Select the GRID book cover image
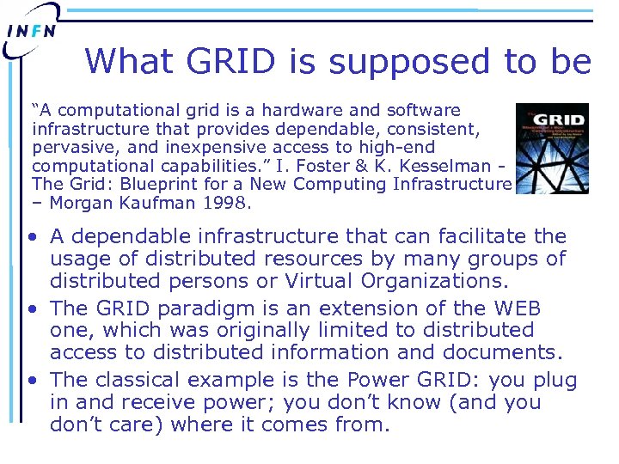tap(551, 149)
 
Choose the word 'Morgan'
tap(81, 203)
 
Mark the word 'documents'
tap(503, 351)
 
